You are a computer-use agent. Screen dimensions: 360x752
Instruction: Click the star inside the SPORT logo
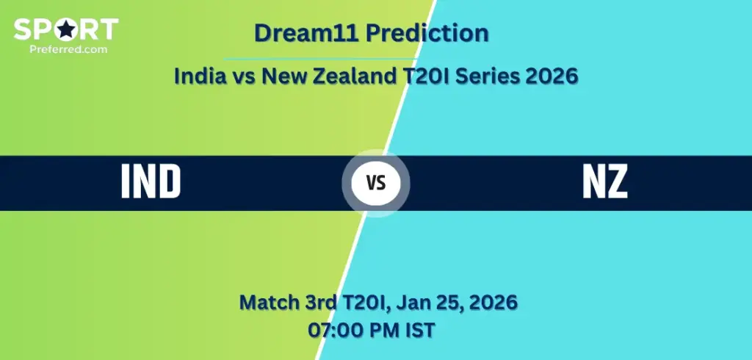coord(66,29)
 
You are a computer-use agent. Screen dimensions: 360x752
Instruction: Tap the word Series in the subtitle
coord(491,76)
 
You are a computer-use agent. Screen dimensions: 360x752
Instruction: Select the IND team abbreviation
coord(151,182)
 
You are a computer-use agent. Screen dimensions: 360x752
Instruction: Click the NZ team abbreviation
coord(604,182)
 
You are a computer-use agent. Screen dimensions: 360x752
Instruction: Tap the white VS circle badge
coord(376,183)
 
